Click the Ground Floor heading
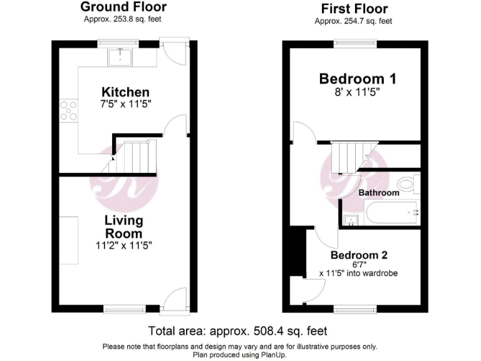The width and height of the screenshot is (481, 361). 123,8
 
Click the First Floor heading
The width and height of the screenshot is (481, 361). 354,9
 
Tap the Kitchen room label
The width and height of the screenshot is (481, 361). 126,92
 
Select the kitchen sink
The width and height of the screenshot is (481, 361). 120,57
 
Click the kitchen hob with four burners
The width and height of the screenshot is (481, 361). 68,111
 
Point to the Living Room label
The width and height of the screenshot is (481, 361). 123,227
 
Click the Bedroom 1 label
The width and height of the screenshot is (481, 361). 358,79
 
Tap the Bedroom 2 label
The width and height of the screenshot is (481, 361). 359,255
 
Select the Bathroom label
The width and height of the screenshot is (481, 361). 378,192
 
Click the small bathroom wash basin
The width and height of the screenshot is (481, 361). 349,219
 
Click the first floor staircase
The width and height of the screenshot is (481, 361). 351,157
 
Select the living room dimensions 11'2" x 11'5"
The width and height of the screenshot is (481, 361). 124,245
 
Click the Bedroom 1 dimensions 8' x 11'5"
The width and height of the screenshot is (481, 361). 358,92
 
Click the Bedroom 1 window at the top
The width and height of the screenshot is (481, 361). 354,43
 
